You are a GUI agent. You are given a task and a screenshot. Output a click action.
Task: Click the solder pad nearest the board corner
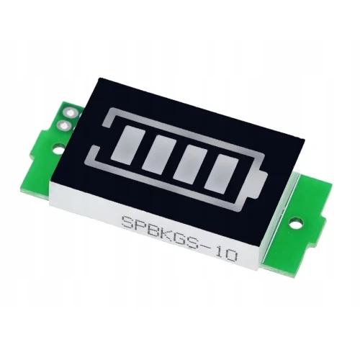tap(70, 112)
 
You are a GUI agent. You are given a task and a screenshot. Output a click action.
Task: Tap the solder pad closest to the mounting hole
tap(63, 125)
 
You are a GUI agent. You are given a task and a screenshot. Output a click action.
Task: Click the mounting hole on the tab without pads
tap(295, 223)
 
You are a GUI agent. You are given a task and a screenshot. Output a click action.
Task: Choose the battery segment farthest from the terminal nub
tap(127, 143)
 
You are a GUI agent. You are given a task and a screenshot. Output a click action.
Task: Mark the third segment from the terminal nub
tap(158, 153)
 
